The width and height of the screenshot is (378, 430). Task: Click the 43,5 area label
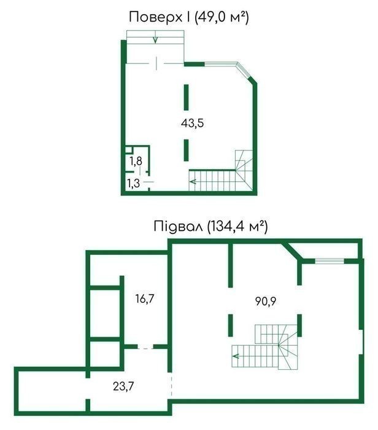[x=192, y=123]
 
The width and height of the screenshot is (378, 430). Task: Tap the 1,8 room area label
[x=136, y=161]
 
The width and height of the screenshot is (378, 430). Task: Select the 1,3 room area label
[x=133, y=183]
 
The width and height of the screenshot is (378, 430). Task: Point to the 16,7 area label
[x=145, y=299]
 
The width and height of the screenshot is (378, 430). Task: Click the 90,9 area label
[x=266, y=301]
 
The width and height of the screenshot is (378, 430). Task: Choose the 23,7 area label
[x=123, y=386]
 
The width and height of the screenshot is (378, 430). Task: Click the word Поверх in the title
[x=155, y=18]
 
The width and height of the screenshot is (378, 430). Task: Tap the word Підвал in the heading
[x=178, y=227]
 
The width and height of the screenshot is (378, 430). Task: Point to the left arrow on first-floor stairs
[x=193, y=181]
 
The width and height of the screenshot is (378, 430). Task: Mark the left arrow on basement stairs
[x=236, y=356]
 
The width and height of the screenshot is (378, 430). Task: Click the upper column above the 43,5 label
[x=187, y=97]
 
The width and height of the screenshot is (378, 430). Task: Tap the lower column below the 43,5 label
[x=187, y=150]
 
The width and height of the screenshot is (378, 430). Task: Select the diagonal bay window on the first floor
[x=244, y=70]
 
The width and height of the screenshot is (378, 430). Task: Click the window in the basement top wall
[x=330, y=261]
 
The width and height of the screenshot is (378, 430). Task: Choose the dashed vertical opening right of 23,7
[x=171, y=386]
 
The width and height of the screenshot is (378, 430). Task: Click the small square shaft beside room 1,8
[x=128, y=150]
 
